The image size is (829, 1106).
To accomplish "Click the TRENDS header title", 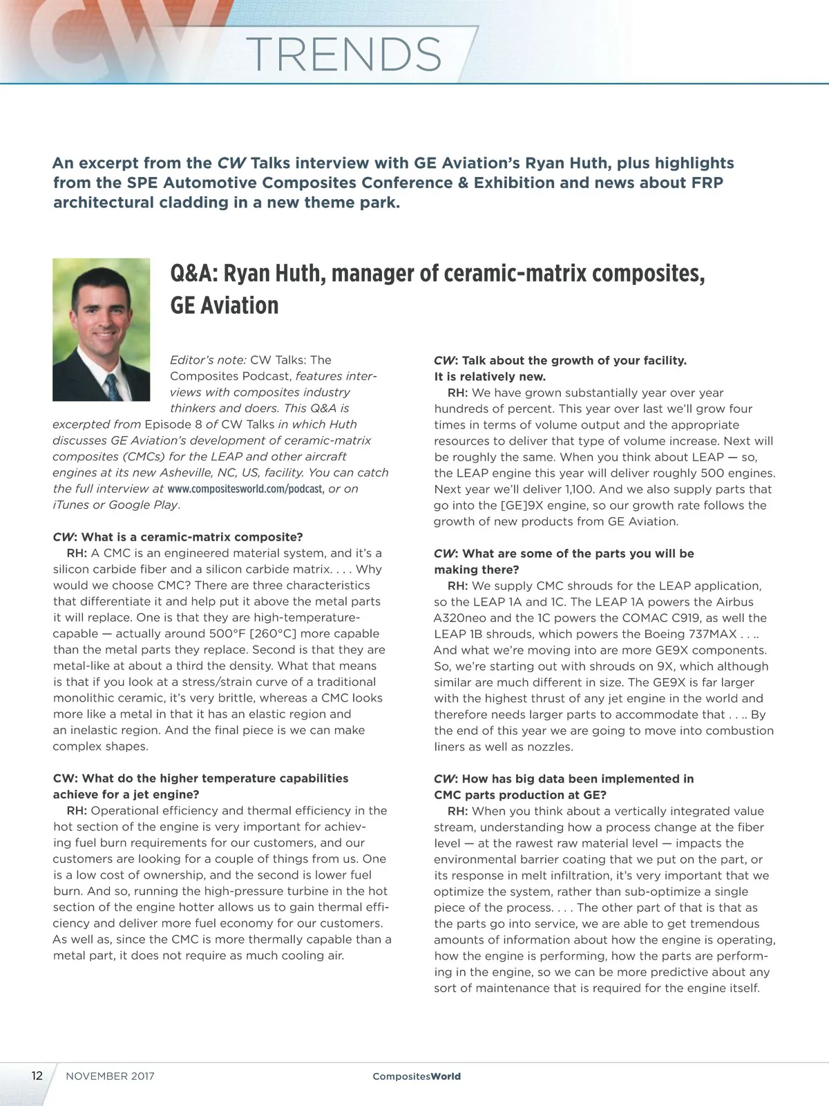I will coord(343,54).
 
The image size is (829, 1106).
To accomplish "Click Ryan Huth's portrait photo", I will coord(102,329).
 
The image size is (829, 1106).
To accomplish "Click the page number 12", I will coord(37,1076).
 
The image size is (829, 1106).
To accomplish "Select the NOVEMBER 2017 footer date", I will coord(110,1076).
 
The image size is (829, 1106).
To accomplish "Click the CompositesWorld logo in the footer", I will coord(416,1076).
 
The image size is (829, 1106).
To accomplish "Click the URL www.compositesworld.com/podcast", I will coord(245,489).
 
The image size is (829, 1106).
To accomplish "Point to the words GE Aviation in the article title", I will coord(225,305).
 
